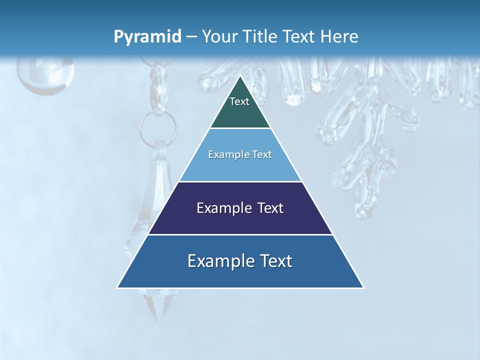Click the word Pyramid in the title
tap(147, 37)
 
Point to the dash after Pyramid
tap(191, 37)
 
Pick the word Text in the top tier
tap(239, 101)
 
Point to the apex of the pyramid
tap(240, 76)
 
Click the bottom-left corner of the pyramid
tap(117, 287)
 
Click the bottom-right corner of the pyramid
tap(363, 287)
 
